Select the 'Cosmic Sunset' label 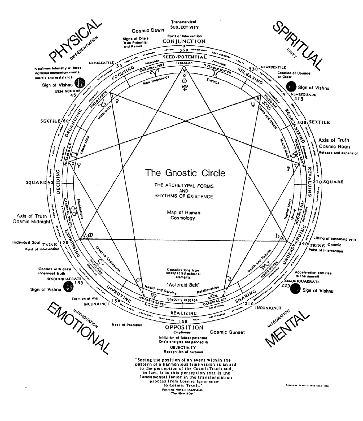pyautogui.click(x=227, y=332)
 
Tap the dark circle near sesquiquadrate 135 pyautogui.click(x=67, y=287)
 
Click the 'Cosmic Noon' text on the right pyautogui.click(x=333, y=146)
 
